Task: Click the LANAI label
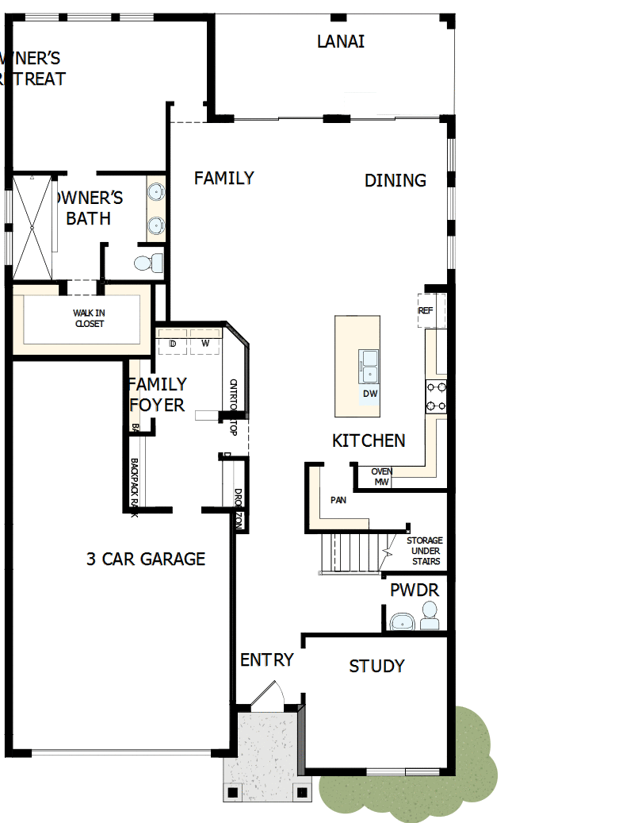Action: pos(341,41)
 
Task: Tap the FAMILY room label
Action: pos(224,178)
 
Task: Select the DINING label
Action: pos(395,180)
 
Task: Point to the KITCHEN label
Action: pos(369,440)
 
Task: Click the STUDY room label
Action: pos(376,666)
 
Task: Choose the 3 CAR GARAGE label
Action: pos(146,559)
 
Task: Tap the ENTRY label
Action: pos(267,660)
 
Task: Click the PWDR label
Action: pos(414,590)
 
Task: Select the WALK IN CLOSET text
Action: pos(89,318)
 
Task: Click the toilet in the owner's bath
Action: pos(147,262)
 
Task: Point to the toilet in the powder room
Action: pos(429,615)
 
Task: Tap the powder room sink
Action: pos(403,621)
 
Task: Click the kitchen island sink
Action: pos(369,366)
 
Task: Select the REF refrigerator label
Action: pos(426,311)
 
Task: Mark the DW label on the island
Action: pos(369,394)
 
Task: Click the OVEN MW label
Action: pos(381,477)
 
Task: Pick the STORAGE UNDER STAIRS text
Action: pos(424,551)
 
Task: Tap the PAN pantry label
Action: pos(338,501)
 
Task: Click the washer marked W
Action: pos(204,344)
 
